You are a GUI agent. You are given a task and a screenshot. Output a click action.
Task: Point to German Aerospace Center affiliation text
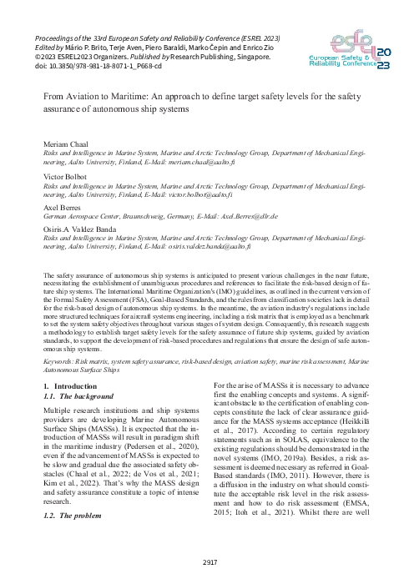tap(91, 214)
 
